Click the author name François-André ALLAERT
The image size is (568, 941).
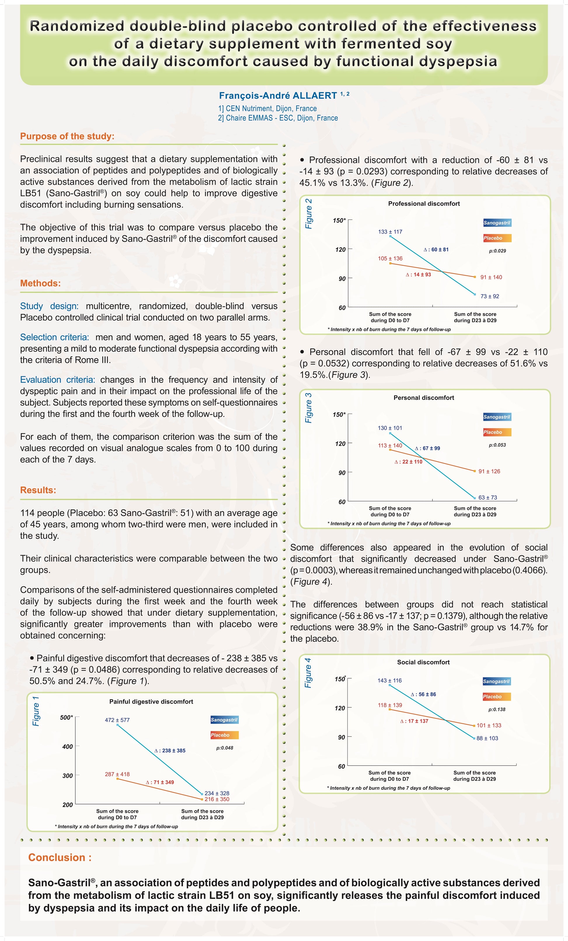coord(278,95)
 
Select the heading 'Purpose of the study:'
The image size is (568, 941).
coord(67,136)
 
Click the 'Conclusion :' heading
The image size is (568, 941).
coord(60,857)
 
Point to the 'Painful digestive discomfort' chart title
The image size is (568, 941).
coord(151,702)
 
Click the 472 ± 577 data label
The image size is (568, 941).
coord(117,720)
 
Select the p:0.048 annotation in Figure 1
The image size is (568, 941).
coord(224,748)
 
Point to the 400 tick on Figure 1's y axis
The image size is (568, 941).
coord(67,747)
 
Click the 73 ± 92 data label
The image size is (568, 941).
coord(490,296)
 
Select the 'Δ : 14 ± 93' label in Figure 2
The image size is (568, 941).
coord(418,274)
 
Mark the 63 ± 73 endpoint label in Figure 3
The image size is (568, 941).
coord(488,497)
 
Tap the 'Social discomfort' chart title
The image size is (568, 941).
coord(423,662)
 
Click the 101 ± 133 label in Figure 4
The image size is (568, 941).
coord(489,725)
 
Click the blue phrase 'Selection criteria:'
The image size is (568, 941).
coord(55,337)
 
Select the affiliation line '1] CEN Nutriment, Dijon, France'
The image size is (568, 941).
coord(268,108)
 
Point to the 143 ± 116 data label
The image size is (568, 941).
coord(390,681)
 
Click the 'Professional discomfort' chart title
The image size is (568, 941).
coord(424,203)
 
